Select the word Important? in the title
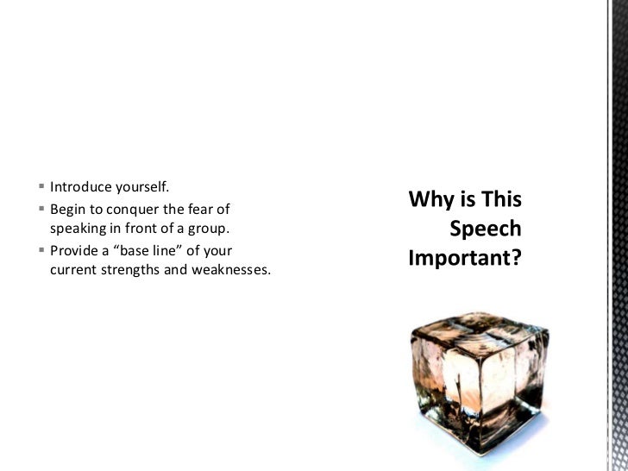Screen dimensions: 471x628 coord(465,258)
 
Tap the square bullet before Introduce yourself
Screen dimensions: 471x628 coord(42,187)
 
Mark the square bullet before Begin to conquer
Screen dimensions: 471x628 coord(42,209)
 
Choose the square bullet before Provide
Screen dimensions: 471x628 coord(42,251)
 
